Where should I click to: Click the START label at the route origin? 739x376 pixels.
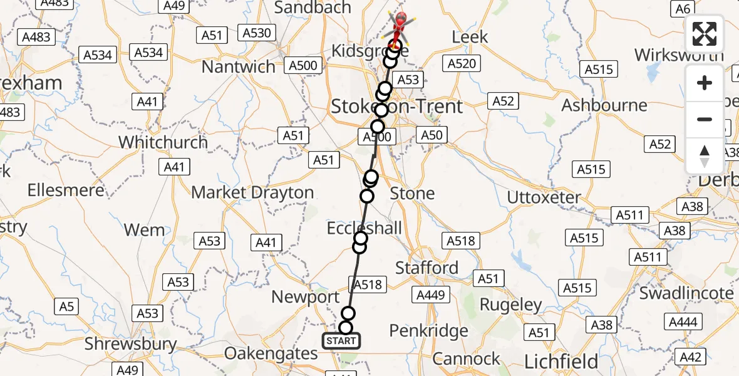(x=341, y=342)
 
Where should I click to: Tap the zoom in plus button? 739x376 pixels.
(x=705, y=83)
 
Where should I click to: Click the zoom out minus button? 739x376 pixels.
(x=705, y=119)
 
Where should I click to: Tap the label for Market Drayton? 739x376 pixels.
(x=252, y=192)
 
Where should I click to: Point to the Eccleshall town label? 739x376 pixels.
(x=364, y=228)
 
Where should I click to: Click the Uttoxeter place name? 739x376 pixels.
(x=544, y=197)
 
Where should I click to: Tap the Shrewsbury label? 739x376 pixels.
(x=131, y=343)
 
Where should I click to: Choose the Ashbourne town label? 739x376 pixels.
(x=604, y=105)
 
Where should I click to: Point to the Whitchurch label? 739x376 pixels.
(x=163, y=142)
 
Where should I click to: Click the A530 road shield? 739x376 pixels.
(x=257, y=33)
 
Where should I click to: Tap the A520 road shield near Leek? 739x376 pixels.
(x=462, y=63)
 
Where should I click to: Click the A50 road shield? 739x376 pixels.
(x=431, y=135)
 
